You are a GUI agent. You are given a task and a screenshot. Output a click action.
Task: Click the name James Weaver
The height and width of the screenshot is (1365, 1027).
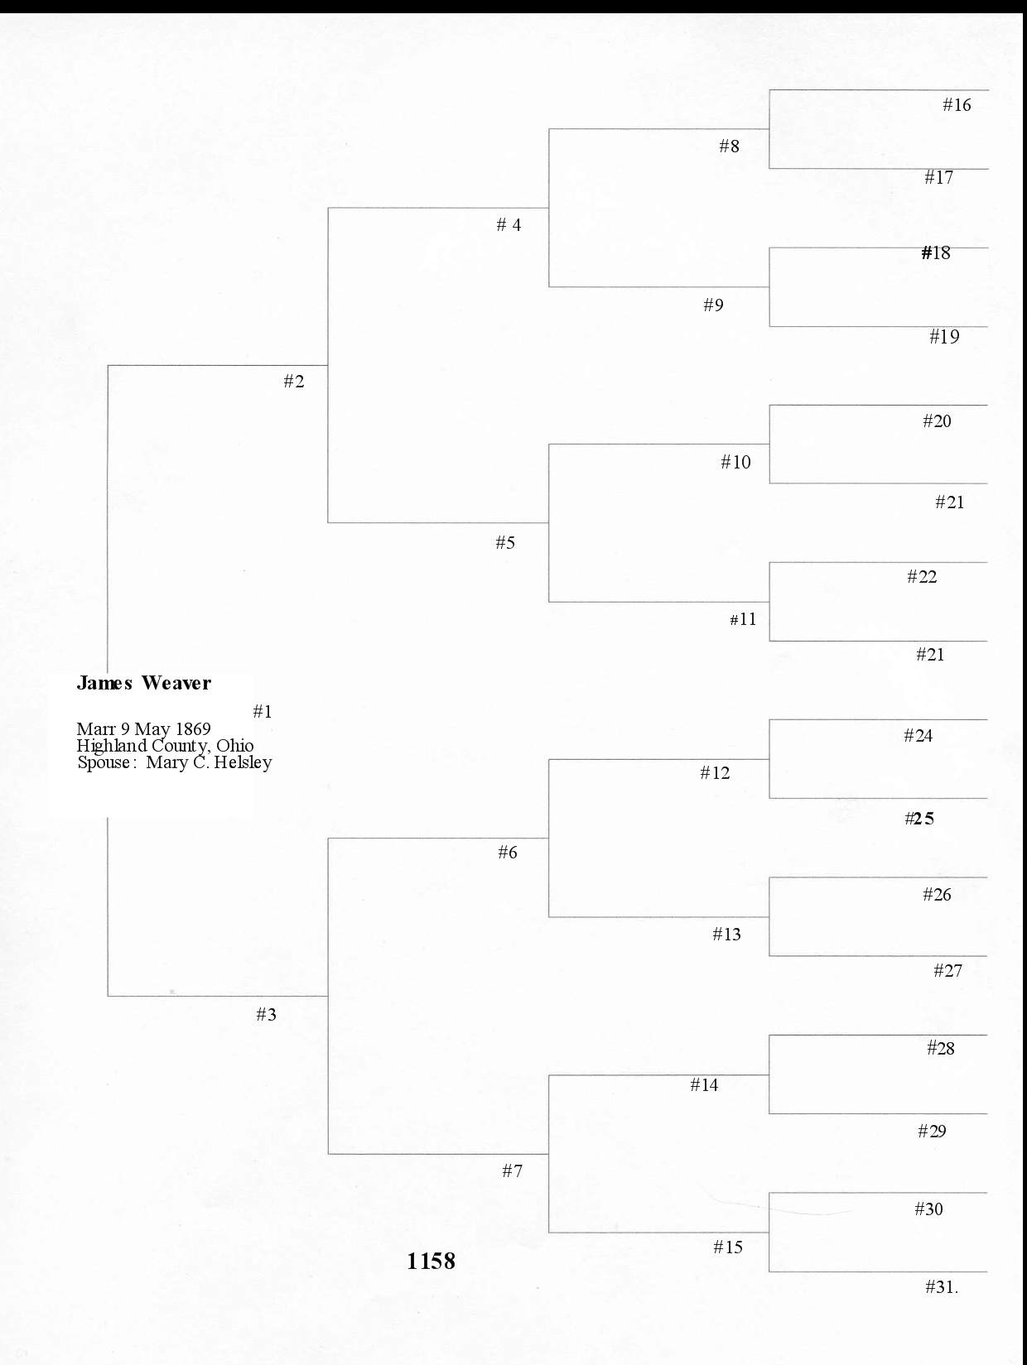tap(143, 683)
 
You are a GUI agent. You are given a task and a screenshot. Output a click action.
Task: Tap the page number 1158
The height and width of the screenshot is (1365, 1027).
tap(431, 1261)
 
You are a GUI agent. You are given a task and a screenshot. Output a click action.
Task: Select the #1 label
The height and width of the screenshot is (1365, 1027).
tap(263, 711)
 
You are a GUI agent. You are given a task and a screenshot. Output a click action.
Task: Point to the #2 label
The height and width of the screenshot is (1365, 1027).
tap(294, 381)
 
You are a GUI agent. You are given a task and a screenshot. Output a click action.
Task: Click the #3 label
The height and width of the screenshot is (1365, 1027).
tap(266, 1014)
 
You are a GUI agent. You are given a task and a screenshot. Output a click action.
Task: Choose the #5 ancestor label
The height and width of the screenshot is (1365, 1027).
tap(505, 542)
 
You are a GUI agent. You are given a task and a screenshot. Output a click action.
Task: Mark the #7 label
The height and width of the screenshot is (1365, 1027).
tap(512, 1170)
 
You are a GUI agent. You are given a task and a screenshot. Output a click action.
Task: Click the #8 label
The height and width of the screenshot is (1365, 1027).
tap(729, 146)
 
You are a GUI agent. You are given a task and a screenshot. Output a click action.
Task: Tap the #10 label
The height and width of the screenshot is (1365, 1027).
tap(735, 462)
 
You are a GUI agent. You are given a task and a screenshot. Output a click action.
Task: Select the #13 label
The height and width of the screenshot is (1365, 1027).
tap(726, 934)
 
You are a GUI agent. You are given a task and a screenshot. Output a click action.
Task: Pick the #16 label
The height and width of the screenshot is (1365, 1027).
tap(957, 104)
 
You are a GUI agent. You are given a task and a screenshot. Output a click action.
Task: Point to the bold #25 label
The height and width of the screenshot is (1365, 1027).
tap(919, 819)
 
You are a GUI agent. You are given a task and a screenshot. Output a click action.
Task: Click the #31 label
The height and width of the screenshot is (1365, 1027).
tap(941, 1286)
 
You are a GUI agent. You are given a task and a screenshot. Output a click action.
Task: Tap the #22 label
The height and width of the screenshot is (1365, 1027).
tap(922, 576)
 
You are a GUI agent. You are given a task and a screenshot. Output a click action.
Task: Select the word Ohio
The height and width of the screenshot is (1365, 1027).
tap(235, 746)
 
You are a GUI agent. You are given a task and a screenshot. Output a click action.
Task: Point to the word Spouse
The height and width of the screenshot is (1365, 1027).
tap(104, 763)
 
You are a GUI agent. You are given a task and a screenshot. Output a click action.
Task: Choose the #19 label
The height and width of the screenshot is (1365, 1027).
tap(944, 336)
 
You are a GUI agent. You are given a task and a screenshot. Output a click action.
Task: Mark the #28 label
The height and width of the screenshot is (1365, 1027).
tap(940, 1048)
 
